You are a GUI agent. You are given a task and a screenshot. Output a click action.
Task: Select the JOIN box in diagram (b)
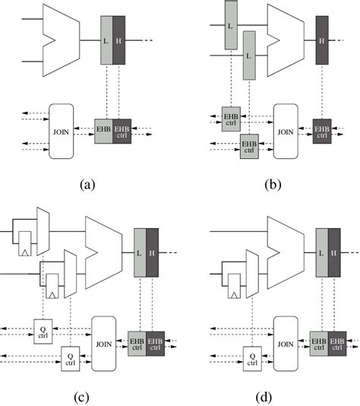(x=286, y=131)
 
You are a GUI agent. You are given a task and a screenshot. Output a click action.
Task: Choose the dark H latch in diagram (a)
(x=119, y=39)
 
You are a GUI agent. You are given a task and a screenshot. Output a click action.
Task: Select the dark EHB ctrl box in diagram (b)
(x=324, y=129)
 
